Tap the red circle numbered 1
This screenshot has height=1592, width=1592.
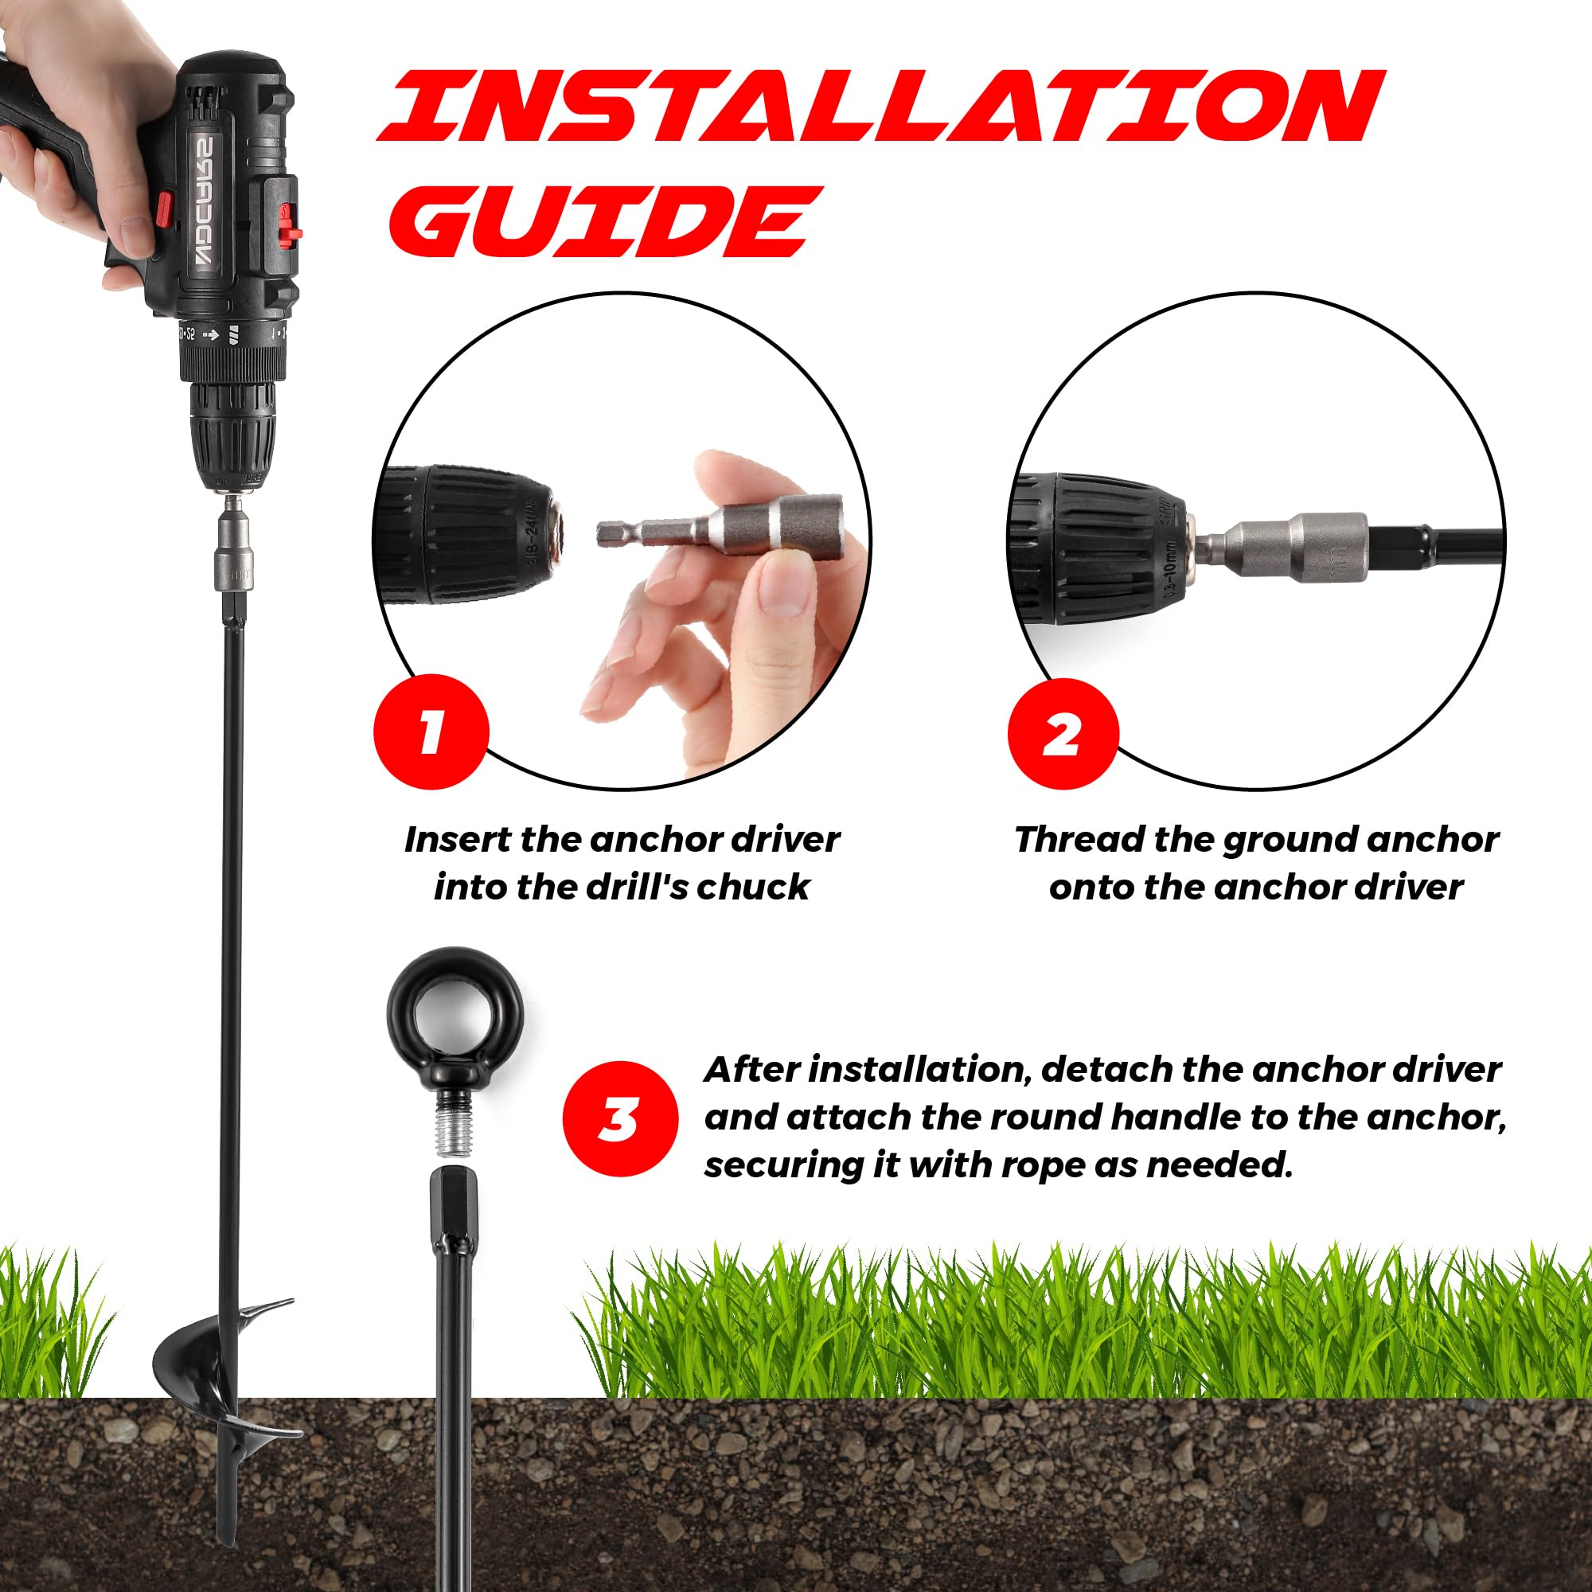click(431, 732)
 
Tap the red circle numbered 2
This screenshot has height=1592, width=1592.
click(1063, 733)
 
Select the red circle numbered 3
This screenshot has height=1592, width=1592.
click(621, 1119)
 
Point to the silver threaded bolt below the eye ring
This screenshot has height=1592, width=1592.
click(451, 1122)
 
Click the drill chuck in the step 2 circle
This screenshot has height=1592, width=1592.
click(1101, 548)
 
